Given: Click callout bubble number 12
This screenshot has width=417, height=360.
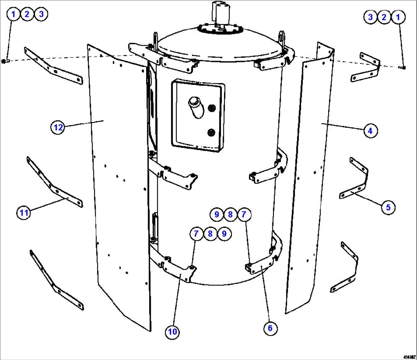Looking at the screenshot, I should [x=58, y=127].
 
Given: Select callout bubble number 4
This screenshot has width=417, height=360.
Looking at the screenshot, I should [x=370, y=131].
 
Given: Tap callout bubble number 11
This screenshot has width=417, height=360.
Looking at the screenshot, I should [x=24, y=213].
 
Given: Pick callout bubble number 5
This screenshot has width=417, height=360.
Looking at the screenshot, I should [x=388, y=207].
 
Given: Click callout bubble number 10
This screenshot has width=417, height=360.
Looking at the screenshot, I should [x=173, y=332].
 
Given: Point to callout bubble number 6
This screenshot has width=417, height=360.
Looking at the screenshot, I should [x=270, y=328].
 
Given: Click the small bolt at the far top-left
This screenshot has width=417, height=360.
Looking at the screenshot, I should [x=4, y=61].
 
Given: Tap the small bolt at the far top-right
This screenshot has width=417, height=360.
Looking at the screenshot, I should [x=402, y=67].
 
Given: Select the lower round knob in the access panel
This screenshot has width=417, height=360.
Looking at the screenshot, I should [x=210, y=132].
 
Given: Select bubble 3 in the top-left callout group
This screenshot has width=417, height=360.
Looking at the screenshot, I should [x=41, y=15].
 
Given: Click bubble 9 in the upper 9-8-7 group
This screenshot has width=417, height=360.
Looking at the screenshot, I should [x=217, y=214].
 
